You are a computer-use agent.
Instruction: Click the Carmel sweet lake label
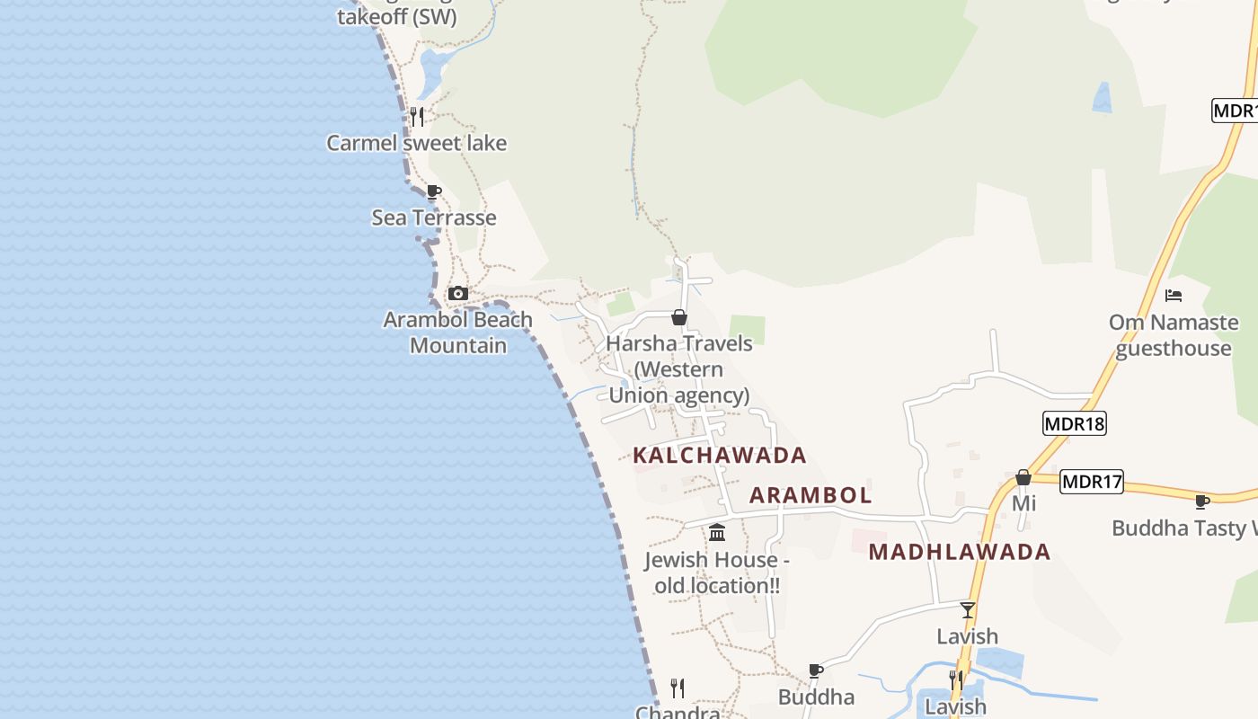[416, 143]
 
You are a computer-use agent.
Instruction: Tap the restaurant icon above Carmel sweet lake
[416, 116]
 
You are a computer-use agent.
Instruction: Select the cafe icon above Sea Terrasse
[434, 191]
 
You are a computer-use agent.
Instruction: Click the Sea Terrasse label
[434, 217]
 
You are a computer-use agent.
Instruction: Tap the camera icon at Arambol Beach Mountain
[458, 293]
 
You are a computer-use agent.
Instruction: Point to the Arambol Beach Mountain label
[458, 333]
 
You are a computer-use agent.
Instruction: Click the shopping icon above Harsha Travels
[679, 317]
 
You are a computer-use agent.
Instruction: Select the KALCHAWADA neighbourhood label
[720, 456]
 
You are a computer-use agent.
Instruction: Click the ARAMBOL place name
[811, 495]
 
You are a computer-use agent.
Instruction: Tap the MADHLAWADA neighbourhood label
[960, 552]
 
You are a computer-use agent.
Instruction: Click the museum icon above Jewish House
[717, 533]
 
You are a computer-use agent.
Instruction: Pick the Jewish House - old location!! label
[717, 573]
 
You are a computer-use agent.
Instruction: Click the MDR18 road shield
[1074, 423]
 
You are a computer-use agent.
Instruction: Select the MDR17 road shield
[1092, 482]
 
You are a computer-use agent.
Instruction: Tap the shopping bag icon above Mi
[1023, 477]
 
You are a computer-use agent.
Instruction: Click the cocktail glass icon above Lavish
[968, 610]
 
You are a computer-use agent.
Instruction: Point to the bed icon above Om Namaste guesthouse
[1174, 295]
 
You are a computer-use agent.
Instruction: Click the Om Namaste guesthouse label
[1174, 335]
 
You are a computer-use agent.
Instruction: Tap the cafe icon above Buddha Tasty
[1202, 502]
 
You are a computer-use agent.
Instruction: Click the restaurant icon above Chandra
[678, 688]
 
